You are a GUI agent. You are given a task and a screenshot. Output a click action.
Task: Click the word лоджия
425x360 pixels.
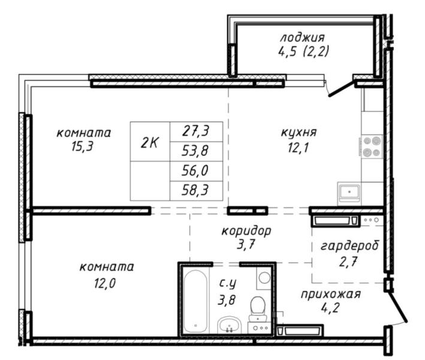coord(302,38)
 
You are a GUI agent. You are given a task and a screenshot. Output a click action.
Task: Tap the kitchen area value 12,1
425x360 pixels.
coord(299,148)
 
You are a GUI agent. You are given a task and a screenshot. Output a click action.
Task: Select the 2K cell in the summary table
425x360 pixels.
coord(150,142)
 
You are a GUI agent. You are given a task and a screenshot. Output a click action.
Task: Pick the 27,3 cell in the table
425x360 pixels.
coord(196,131)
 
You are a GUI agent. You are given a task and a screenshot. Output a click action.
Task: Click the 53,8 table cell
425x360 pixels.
coord(196,151)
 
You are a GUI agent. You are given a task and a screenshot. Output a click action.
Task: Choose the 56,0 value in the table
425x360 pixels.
coord(196,171)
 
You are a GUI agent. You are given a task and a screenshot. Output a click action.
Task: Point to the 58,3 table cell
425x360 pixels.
coord(196,191)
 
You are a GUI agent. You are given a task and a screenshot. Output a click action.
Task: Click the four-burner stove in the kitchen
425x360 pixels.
coord(372,146)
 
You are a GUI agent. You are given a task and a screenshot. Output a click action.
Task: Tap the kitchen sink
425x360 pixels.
coord(349,192)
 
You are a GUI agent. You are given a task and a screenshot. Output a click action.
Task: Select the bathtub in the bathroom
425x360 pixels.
coord(195,302)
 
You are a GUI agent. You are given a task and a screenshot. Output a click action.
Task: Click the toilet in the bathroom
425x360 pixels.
coord(258,309)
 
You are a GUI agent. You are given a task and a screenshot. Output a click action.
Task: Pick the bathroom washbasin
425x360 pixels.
coord(230,325)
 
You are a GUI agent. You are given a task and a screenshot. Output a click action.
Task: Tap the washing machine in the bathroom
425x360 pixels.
coord(264,278)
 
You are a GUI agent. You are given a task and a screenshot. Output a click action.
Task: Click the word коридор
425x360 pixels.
coord(246,231)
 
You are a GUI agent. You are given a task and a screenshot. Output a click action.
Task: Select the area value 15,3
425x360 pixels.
coord(82,147)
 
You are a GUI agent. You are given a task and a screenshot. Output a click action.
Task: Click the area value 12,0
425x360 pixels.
coord(105,284)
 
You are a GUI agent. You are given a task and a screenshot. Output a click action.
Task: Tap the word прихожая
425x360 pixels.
coord(330,294)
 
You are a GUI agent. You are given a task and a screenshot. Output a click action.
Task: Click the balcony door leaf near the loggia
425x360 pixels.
coord(342,88)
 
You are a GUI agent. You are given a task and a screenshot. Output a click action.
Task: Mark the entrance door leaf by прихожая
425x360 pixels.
coord(397,306)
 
